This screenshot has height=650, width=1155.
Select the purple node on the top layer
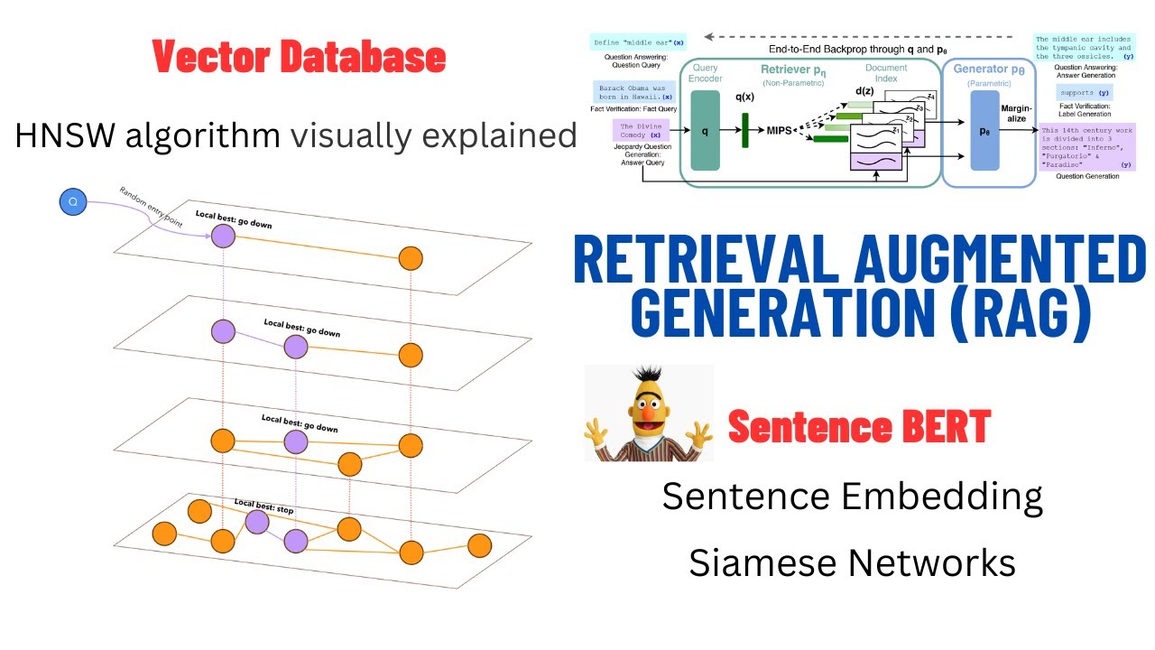(223, 237)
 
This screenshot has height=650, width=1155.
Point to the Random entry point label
(151, 208)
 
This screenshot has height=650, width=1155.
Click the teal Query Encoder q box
(705, 130)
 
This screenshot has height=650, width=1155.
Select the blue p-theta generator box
(984, 130)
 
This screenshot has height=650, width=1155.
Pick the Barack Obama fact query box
(633, 91)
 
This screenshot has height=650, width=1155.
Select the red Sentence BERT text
(859, 426)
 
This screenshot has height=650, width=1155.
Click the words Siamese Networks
(852, 562)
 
